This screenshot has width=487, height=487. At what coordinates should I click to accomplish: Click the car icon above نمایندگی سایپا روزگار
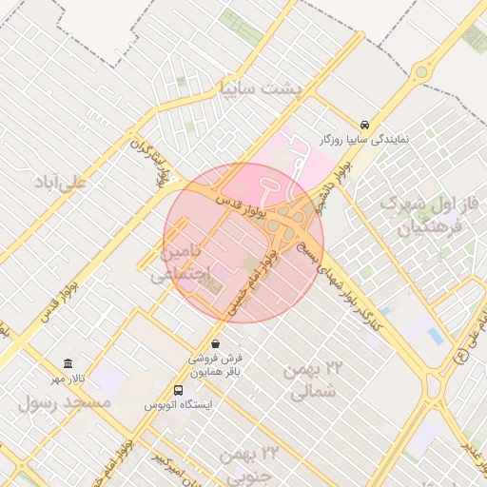coord(365,126)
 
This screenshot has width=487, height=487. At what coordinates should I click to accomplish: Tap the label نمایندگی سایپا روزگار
coord(365,140)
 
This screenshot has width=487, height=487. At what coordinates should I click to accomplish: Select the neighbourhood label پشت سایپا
coord(258,88)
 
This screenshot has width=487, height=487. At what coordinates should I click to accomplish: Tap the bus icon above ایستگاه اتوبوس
coord(178,390)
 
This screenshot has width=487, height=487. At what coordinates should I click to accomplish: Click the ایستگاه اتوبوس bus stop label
coord(179,404)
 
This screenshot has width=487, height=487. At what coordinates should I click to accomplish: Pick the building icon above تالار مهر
coord(68,364)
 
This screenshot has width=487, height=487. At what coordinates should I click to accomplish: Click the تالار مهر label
coord(68,379)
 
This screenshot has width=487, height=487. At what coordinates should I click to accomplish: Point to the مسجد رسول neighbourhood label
coord(65,403)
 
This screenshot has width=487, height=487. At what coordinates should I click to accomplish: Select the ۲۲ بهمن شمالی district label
coord(307,379)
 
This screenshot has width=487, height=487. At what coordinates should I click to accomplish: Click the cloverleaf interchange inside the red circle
coord(286,224)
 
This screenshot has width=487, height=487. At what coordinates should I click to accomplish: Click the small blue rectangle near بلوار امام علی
coord(435,336)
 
